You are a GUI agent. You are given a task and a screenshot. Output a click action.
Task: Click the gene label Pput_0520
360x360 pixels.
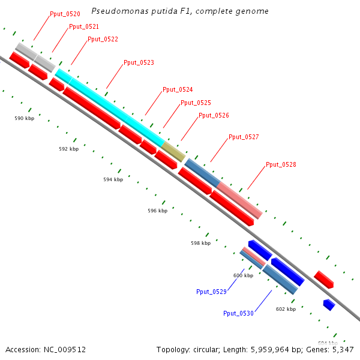point(65,14)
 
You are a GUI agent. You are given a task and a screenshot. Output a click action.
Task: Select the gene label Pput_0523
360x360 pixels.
point(139,62)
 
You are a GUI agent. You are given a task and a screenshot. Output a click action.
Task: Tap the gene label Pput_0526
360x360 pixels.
point(214,115)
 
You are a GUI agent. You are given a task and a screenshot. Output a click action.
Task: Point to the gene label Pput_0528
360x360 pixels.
point(281,164)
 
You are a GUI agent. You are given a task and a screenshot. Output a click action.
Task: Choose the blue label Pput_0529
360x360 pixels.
point(211,292)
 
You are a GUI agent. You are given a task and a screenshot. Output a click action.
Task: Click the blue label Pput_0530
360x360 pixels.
point(238,313)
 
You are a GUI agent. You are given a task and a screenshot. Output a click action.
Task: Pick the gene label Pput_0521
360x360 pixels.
point(84,26)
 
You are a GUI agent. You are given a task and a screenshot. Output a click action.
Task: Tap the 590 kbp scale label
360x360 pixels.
point(25,118)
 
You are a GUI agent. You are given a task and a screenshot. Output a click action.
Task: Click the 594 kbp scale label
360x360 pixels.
point(113,179)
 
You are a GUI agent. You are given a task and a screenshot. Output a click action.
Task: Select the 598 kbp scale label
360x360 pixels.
point(201,243)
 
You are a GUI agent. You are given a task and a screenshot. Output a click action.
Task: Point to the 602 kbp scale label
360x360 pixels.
point(286,309)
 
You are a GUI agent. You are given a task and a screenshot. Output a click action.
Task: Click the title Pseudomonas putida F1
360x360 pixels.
point(180,11)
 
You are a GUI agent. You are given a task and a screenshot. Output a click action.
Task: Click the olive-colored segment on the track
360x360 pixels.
point(173,152)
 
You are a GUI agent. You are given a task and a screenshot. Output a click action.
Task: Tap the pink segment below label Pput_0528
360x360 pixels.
point(239,200)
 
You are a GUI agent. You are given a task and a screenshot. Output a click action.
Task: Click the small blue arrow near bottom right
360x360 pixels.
point(329,305)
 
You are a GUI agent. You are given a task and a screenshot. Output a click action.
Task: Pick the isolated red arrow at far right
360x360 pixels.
point(324,280)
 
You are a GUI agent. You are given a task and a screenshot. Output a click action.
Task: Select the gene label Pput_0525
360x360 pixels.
point(196,103)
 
